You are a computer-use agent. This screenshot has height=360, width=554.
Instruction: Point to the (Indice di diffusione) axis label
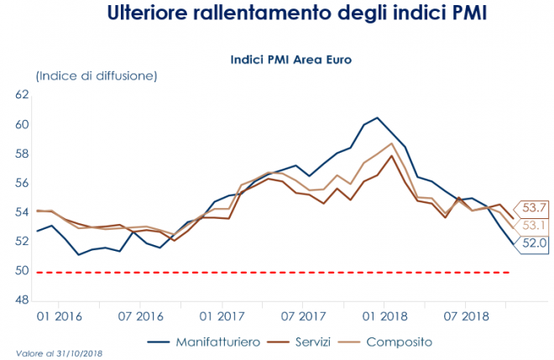(x=96, y=76)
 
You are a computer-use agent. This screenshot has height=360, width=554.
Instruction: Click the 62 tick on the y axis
(x=23, y=96)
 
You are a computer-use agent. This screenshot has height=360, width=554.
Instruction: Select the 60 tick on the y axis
(x=23, y=125)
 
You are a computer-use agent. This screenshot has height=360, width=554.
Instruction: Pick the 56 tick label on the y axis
(x=23, y=183)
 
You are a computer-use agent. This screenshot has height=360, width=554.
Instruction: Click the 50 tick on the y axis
(x=23, y=271)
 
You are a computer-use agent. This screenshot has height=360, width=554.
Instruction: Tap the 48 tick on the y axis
(x=23, y=300)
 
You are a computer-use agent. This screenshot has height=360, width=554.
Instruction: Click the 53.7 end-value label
(x=534, y=207)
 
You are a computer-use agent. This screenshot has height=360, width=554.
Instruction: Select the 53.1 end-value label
(x=534, y=225)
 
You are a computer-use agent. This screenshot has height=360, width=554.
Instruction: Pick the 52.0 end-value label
(x=534, y=243)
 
